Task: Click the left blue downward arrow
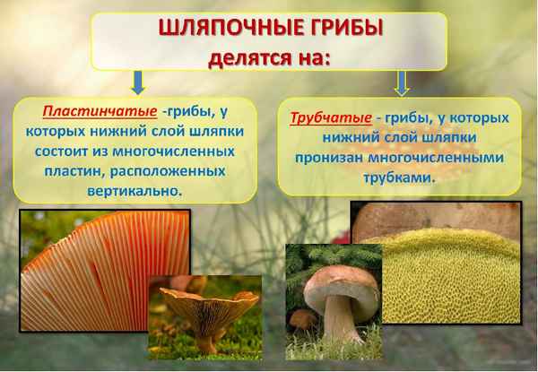tap(137, 83)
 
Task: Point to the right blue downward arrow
tap(401, 83)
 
